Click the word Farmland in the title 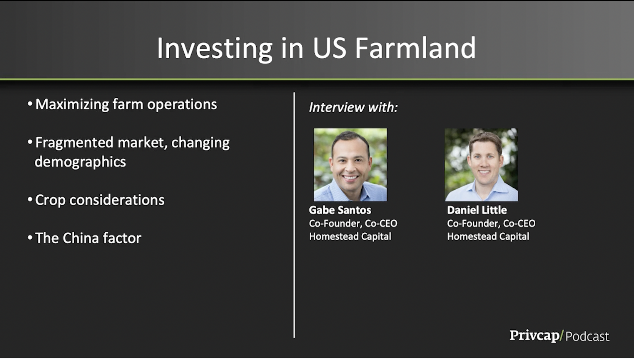[x=416, y=48]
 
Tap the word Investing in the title [x=214, y=49]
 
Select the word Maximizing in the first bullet [x=72, y=105]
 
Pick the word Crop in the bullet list [x=50, y=201]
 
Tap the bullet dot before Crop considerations [x=30, y=199]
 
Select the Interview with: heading [x=353, y=107]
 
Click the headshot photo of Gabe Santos [x=350, y=165]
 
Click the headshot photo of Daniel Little [x=481, y=165]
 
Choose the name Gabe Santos [x=340, y=210]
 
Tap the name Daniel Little [x=477, y=210]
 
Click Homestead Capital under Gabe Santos [x=350, y=237]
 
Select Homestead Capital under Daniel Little [x=488, y=237]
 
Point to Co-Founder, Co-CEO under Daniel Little [x=491, y=224]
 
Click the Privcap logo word [x=534, y=336]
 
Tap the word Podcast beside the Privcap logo [x=587, y=337]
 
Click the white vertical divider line [x=294, y=215]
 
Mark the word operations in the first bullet [x=182, y=105]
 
